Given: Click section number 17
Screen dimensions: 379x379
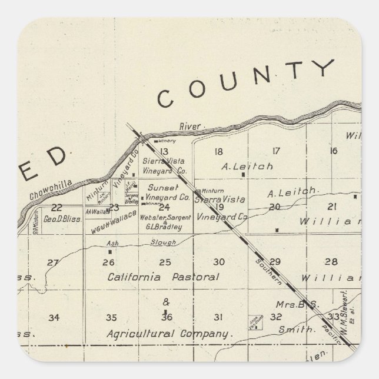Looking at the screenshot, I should [x=275, y=151].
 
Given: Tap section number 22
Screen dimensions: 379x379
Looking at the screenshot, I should [x=57, y=207].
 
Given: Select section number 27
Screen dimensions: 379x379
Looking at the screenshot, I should [x=53, y=262].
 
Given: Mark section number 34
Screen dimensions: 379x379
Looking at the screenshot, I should [x=54, y=318].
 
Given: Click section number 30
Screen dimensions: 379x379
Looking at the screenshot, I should [x=218, y=262].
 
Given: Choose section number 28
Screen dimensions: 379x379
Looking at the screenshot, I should [x=331, y=261].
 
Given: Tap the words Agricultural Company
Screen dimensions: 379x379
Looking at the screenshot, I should [x=169, y=333].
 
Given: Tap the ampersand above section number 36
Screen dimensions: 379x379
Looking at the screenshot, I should [x=165, y=303].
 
